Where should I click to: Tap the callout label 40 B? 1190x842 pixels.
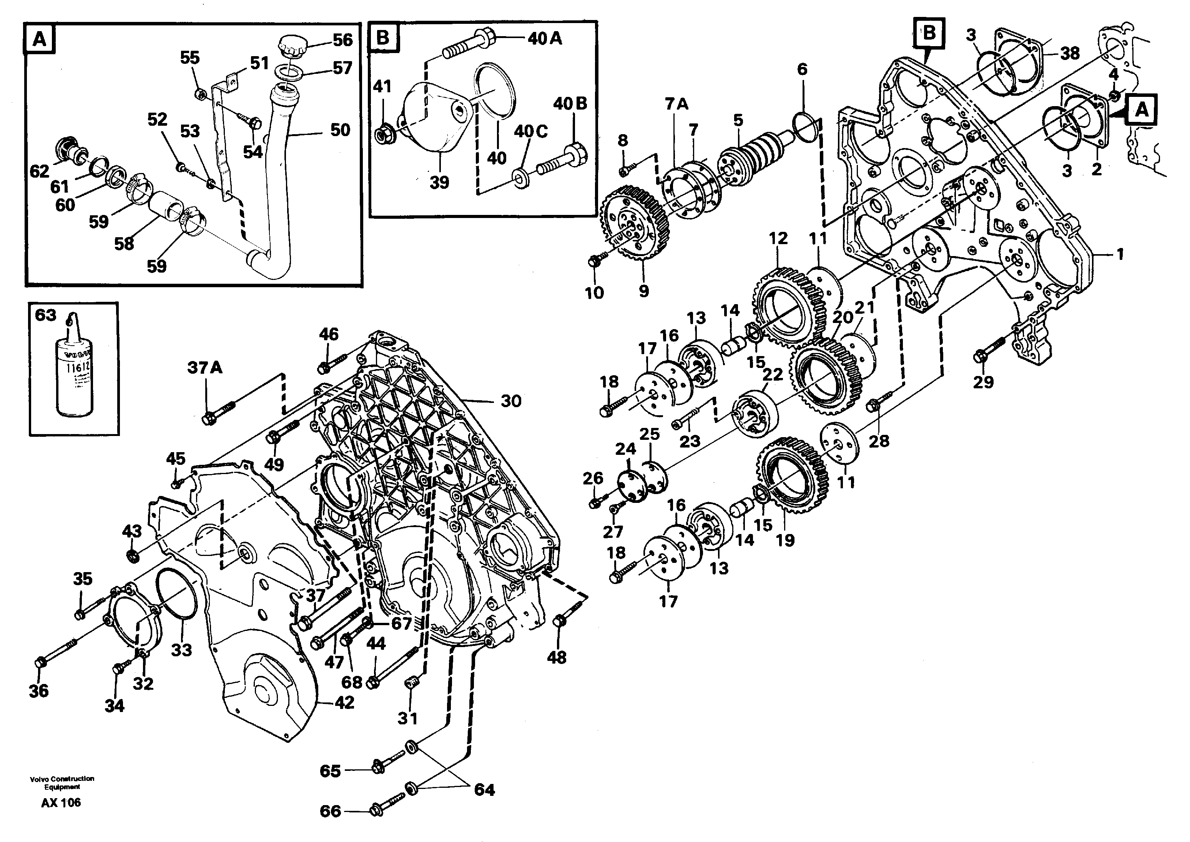pos(570,104)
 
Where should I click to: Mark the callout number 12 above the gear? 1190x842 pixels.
pos(778,238)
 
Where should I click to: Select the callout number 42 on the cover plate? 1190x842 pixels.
pos(344,702)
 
